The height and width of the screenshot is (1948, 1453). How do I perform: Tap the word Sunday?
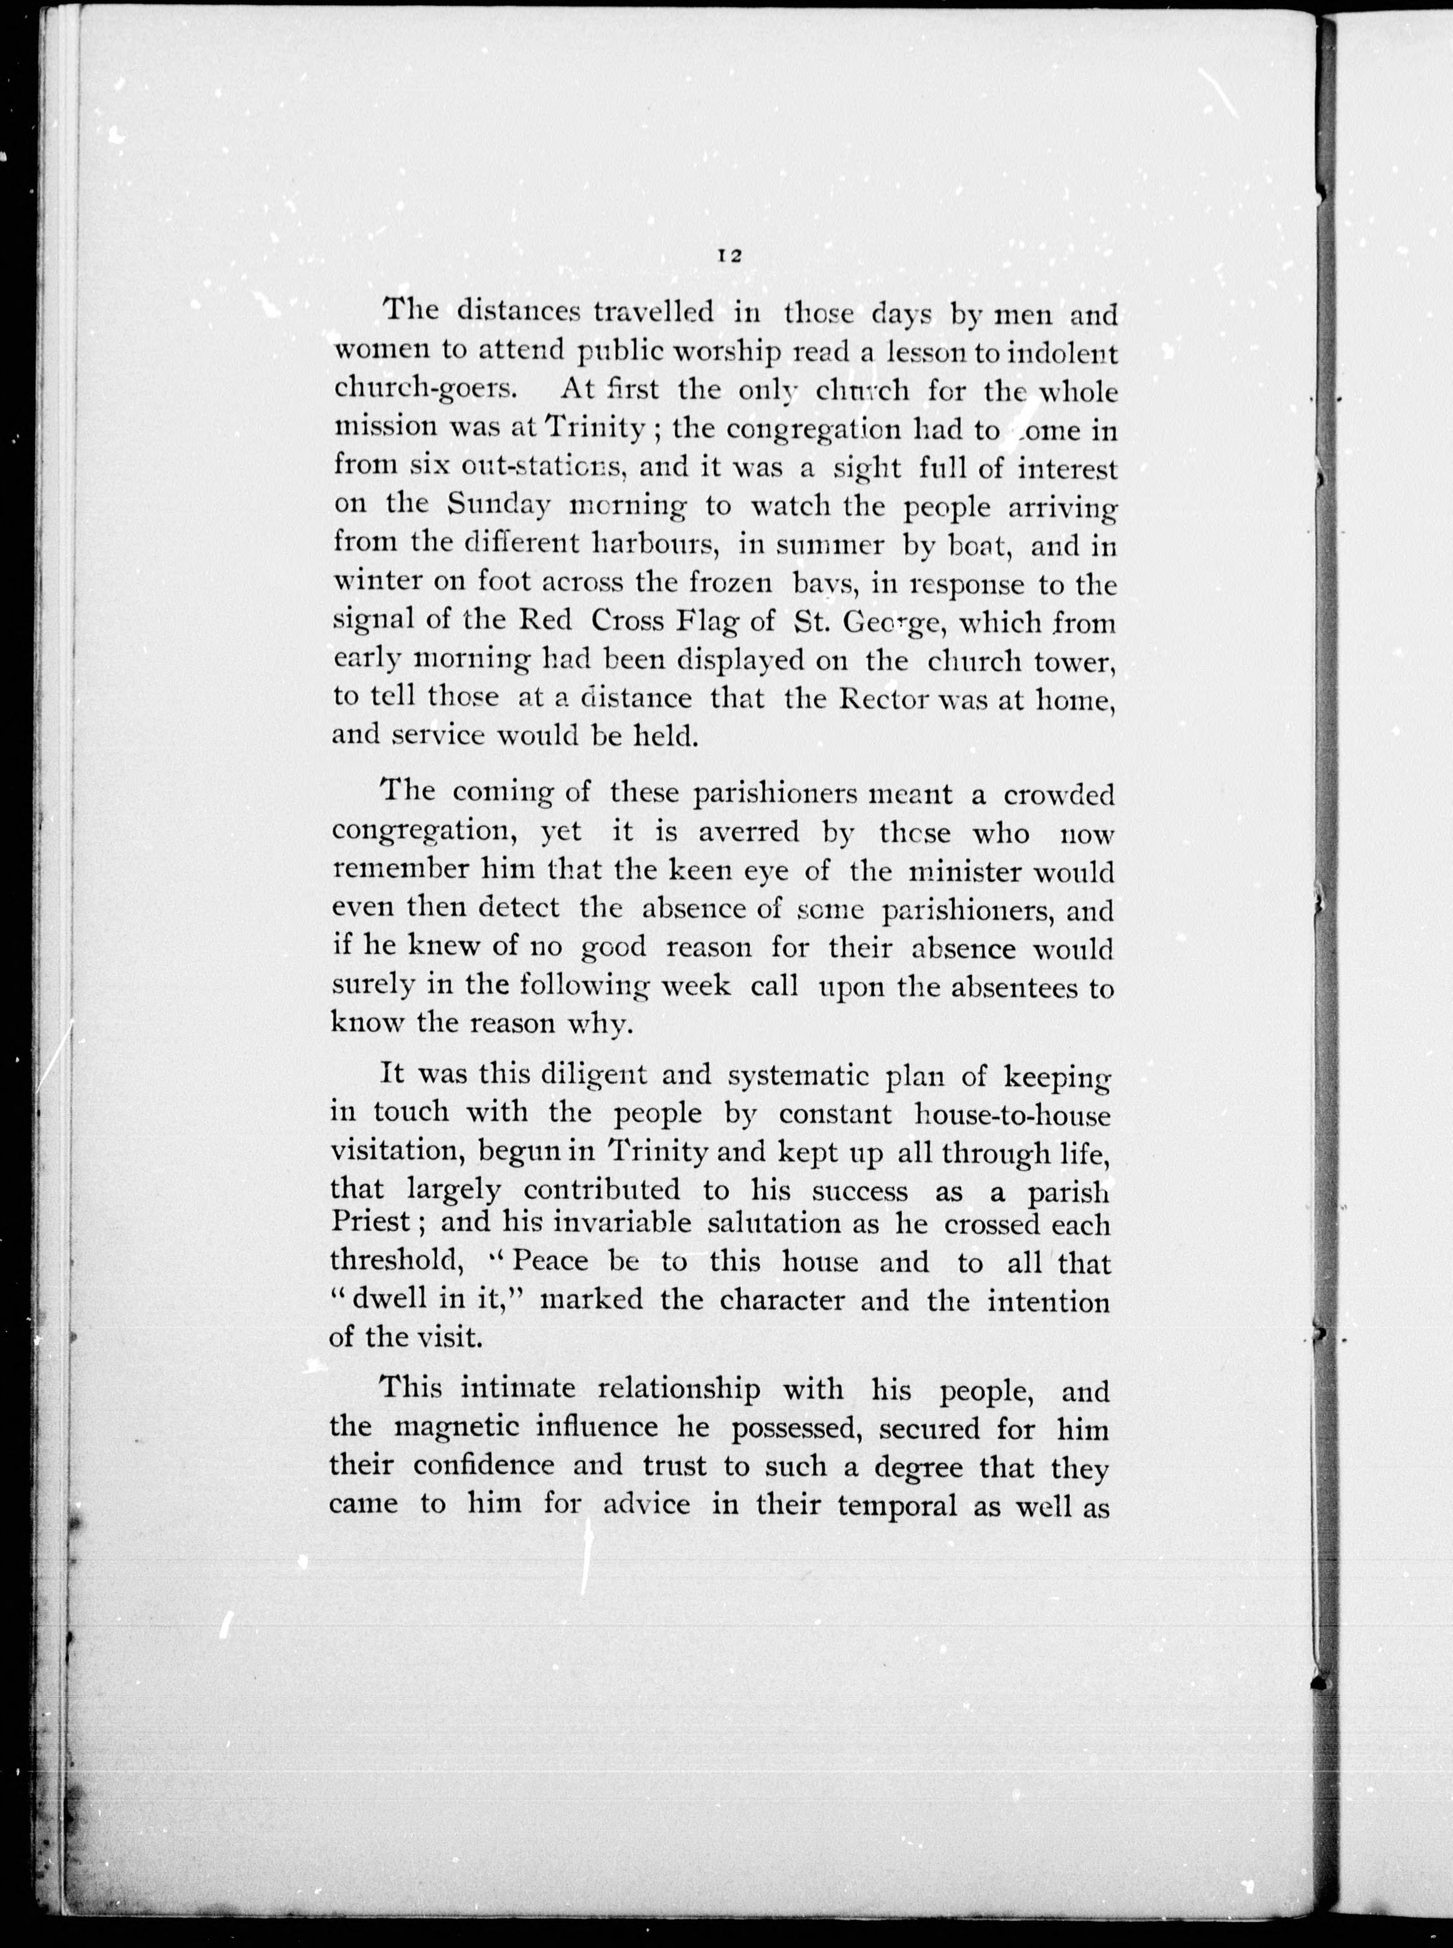pos(498,506)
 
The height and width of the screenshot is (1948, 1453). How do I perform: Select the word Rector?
pos(896,698)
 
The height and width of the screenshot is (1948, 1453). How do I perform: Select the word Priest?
pos(370,1223)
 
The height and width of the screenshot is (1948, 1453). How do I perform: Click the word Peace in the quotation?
pos(551,1262)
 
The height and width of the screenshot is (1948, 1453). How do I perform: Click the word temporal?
pos(897,1505)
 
